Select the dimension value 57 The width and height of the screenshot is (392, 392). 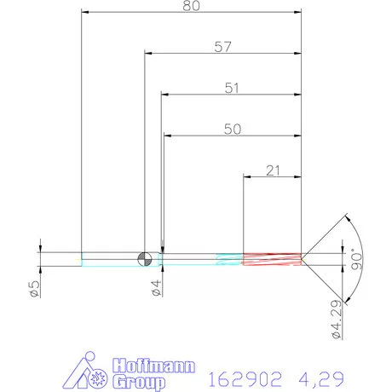coord(223,48)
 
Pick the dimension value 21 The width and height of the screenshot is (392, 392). coord(274,170)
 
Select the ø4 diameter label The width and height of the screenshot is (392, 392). coord(156,289)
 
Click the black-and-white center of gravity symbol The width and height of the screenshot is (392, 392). coord(144,258)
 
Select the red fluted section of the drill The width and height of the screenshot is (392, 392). coord(273,258)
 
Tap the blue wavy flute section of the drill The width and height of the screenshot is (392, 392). coord(229,258)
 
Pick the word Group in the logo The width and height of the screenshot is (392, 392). coord(138,380)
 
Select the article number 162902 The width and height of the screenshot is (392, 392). coord(242,377)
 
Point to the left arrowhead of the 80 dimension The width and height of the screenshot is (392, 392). coord(86,13)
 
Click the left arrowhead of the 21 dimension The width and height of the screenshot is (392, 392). coord(249,177)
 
